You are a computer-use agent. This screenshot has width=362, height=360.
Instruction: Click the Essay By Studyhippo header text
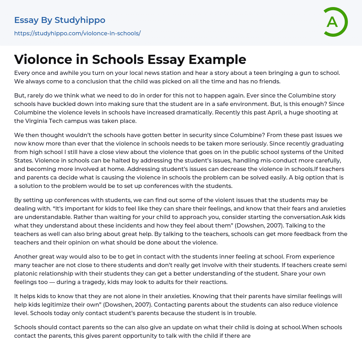pos(60,20)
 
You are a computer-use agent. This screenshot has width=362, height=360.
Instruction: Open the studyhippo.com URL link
pos(77,33)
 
